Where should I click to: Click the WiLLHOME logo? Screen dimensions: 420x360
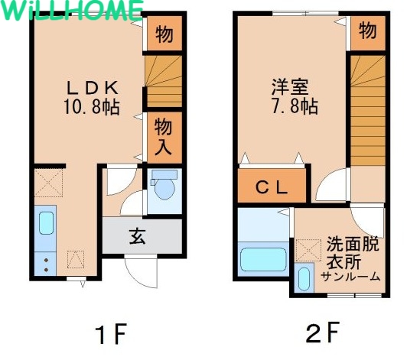(x=73, y=10)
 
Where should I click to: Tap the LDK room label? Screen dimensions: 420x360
(x=93, y=88)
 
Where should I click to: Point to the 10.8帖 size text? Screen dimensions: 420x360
(x=92, y=107)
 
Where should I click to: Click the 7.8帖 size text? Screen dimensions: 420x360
(x=295, y=106)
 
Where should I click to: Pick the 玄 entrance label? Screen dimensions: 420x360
(x=138, y=236)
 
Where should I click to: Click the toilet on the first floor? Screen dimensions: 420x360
(x=163, y=185)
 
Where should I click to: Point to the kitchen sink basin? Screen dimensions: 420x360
(x=47, y=222)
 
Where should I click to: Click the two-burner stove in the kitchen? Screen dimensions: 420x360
(x=46, y=264)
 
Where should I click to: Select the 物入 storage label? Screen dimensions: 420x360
(x=163, y=137)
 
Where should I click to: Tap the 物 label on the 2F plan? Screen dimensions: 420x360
(x=368, y=31)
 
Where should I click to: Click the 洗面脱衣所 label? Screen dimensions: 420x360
(x=352, y=253)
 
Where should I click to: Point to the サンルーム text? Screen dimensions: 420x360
(x=351, y=276)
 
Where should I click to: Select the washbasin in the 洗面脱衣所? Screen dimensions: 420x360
(x=304, y=279)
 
